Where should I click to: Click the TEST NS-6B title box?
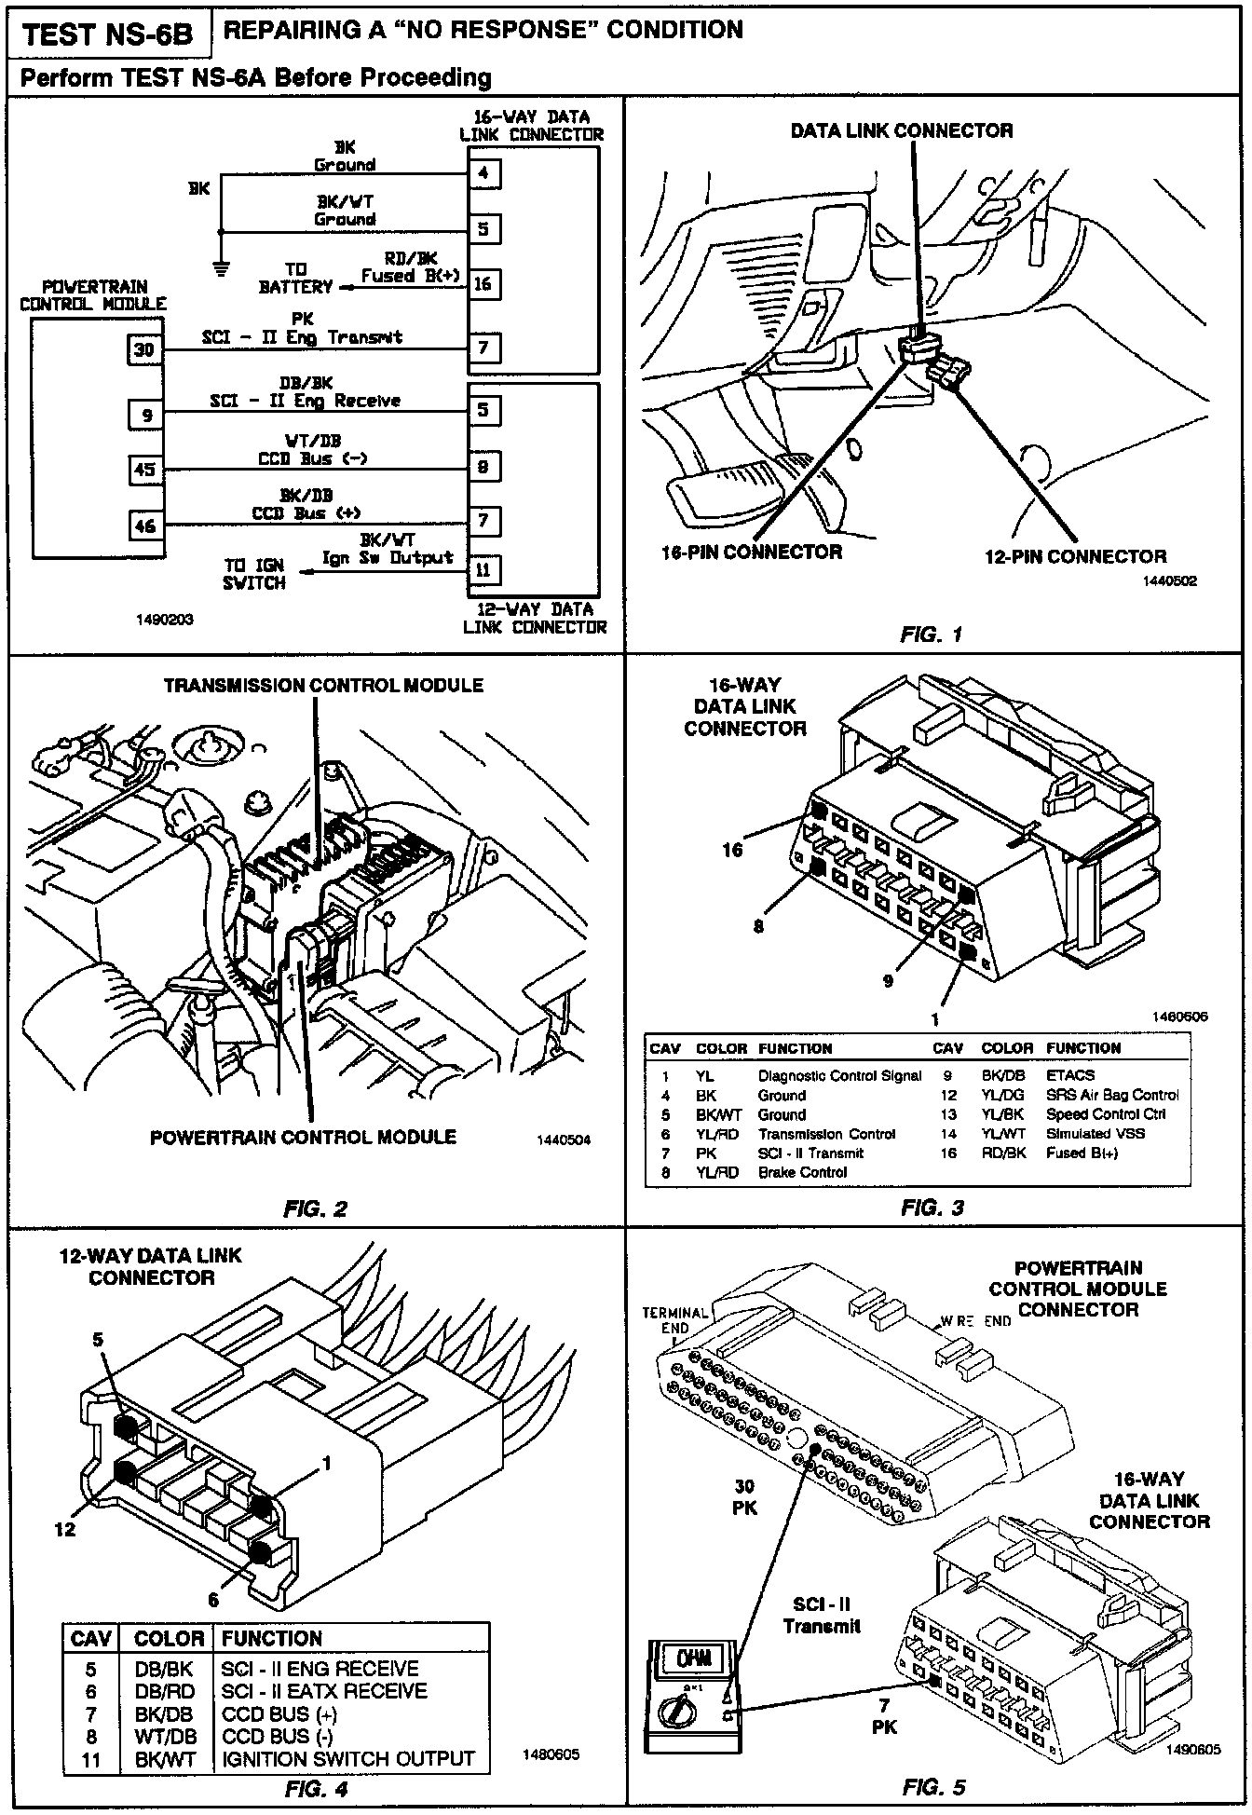[x=107, y=34]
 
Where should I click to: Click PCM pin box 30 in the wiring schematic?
[x=144, y=349]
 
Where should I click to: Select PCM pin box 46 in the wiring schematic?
[x=144, y=525]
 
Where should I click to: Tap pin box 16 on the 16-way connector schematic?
[x=483, y=283]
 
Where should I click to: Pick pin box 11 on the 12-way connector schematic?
[x=483, y=568]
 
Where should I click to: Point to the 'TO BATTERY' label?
[x=295, y=278]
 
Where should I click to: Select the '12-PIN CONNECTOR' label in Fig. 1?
[x=1075, y=556]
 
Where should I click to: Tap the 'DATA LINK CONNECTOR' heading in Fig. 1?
[x=901, y=130]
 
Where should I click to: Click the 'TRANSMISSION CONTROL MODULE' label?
[x=323, y=686]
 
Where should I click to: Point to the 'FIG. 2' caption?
[x=315, y=1209]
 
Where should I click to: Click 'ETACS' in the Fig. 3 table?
[x=1070, y=1075]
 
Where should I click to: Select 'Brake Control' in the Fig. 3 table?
[x=802, y=1172]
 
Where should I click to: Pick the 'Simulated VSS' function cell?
[x=1095, y=1134]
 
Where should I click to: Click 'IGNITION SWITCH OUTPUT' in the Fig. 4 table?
[x=348, y=1759]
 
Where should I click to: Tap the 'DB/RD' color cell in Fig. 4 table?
[x=162, y=1691]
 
